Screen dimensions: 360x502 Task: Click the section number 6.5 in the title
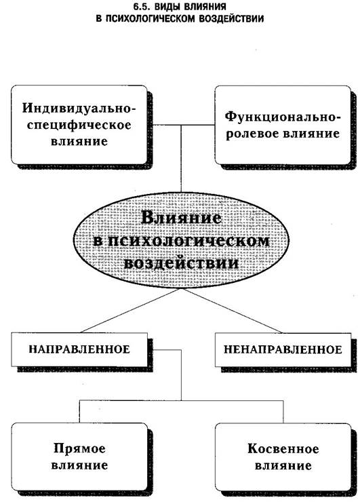click(x=140, y=6)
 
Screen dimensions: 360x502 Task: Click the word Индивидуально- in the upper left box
click(x=79, y=109)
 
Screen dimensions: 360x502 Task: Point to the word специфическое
click(x=79, y=125)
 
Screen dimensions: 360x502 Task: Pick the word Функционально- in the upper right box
click(x=283, y=117)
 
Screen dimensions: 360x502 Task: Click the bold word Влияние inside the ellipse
click(x=181, y=218)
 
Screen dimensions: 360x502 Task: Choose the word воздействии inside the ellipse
click(x=181, y=263)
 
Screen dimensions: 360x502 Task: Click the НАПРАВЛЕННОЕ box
click(x=79, y=349)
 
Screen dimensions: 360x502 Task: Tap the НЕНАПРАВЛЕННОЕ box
click(x=283, y=349)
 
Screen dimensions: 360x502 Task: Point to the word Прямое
click(x=79, y=448)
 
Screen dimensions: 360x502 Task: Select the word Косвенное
click(x=283, y=449)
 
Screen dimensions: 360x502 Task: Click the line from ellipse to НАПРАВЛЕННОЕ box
click(x=130, y=310)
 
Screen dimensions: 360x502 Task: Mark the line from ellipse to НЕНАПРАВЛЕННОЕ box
click(x=232, y=310)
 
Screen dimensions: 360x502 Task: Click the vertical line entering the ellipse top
click(x=181, y=158)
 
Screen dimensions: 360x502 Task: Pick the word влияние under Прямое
click(x=79, y=465)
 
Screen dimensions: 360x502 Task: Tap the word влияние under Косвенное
click(x=283, y=465)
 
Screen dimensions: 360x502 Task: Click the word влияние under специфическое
click(x=79, y=141)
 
